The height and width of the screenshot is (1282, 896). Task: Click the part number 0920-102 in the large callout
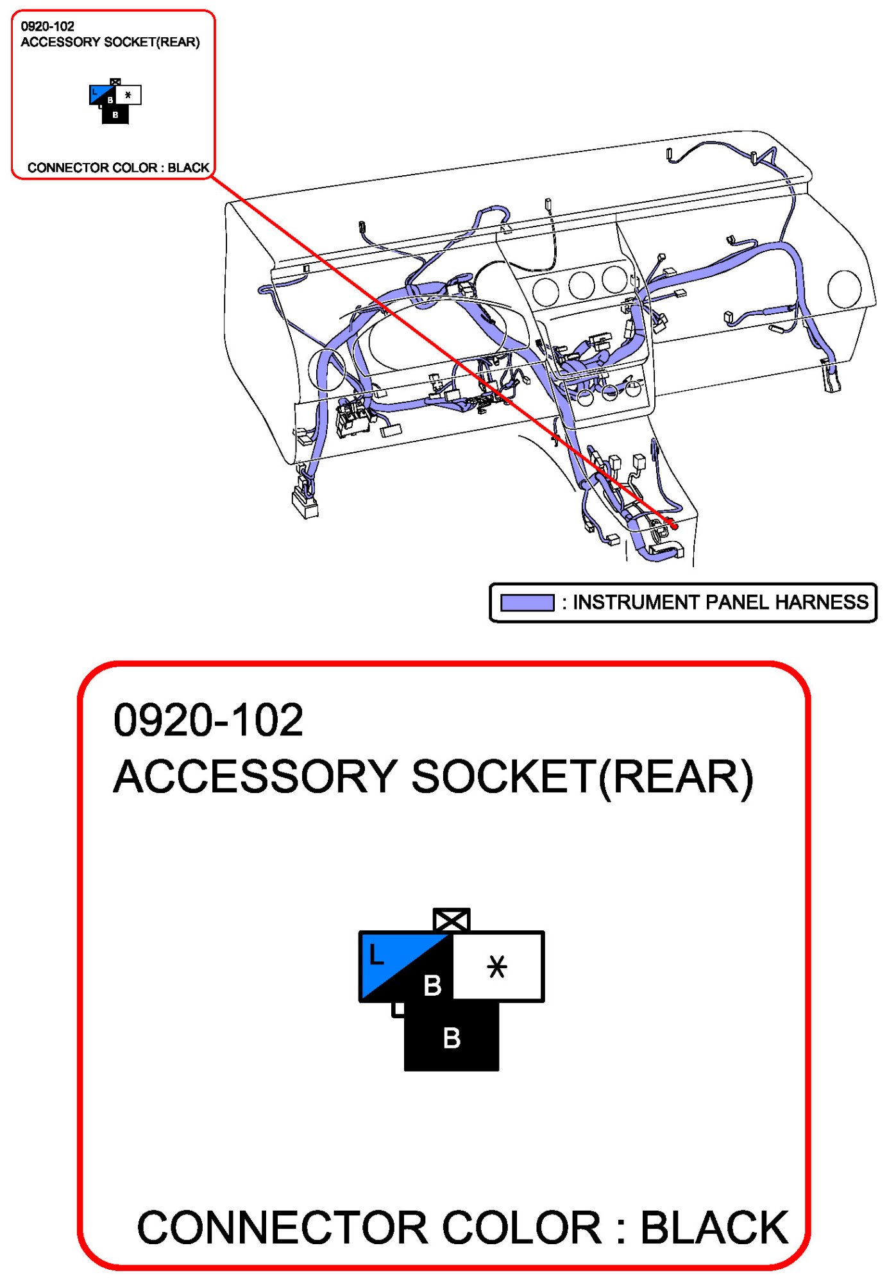point(208,720)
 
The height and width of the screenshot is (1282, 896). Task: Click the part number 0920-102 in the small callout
point(47,26)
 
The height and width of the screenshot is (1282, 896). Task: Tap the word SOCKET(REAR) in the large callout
point(582,777)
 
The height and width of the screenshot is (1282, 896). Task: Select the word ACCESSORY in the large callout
point(255,777)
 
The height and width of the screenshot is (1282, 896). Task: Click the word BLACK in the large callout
point(714,1228)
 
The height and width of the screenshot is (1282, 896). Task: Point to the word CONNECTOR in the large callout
point(283,1228)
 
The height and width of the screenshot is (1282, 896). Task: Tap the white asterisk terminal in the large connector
point(497,966)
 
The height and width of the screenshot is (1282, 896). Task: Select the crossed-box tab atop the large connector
point(452,920)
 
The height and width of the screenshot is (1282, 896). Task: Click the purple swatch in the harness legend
point(527,603)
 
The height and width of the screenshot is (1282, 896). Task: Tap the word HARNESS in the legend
point(822,603)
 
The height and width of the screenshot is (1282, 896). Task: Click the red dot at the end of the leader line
point(674,526)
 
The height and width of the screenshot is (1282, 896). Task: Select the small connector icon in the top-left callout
point(115,101)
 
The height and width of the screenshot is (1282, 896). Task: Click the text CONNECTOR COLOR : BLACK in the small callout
point(118,167)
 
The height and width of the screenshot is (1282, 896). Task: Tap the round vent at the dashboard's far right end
point(844,289)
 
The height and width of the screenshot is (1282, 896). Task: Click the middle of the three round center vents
point(581,285)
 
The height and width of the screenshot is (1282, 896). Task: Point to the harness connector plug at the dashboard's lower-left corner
point(305,500)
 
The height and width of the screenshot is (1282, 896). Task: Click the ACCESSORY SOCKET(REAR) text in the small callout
point(110,42)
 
